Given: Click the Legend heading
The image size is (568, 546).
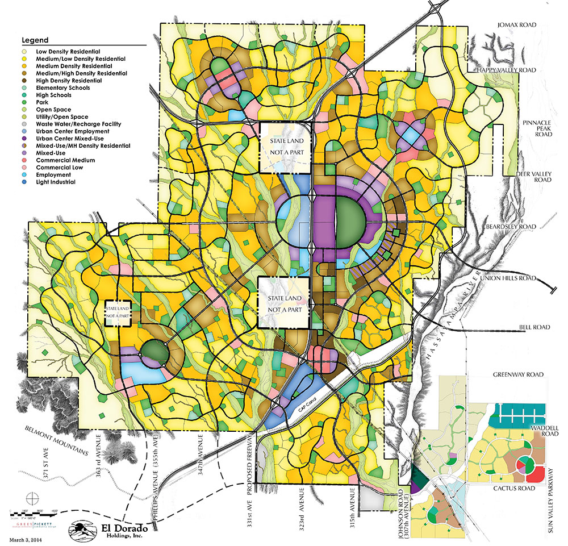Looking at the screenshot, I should tap(35, 40).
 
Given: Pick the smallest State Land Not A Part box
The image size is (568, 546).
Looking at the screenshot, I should tap(118, 313).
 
